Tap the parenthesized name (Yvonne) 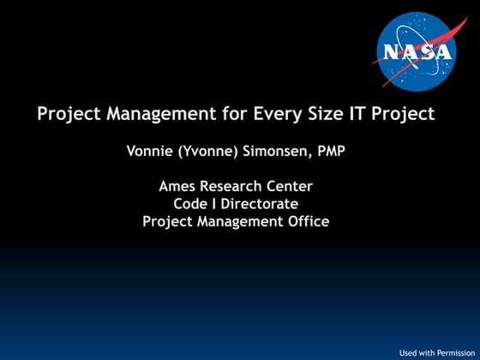[x=208, y=152]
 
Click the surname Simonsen [x=275, y=152]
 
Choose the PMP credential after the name [x=330, y=152]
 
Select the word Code [x=190, y=204]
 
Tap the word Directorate [x=261, y=204]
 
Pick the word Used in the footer [x=410, y=352]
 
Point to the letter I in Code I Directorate [x=216, y=204]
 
